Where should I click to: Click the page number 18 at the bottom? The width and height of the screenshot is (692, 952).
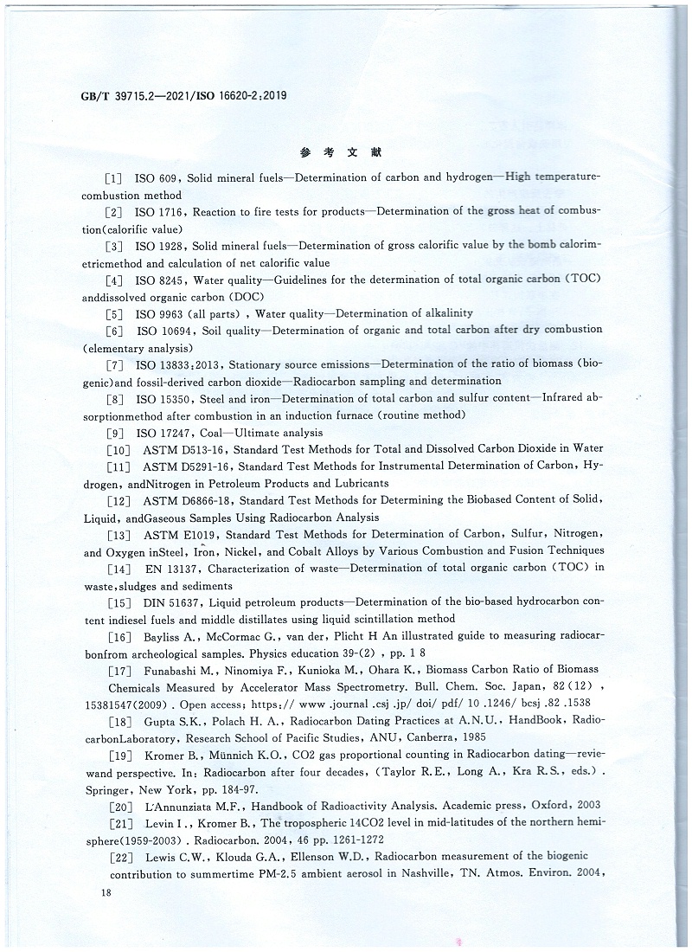pyautogui.click(x=107, y=891)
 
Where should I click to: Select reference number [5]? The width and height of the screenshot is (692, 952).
pyautogui.click(x=113, y=313)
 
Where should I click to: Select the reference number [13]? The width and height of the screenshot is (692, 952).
pyautogui.click(x=117, y=535)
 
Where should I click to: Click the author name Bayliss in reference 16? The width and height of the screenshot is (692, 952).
pyautogui.click(x=164, y=636)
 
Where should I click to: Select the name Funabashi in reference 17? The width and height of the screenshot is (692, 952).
pyautogui.click(x=173, y=669)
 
